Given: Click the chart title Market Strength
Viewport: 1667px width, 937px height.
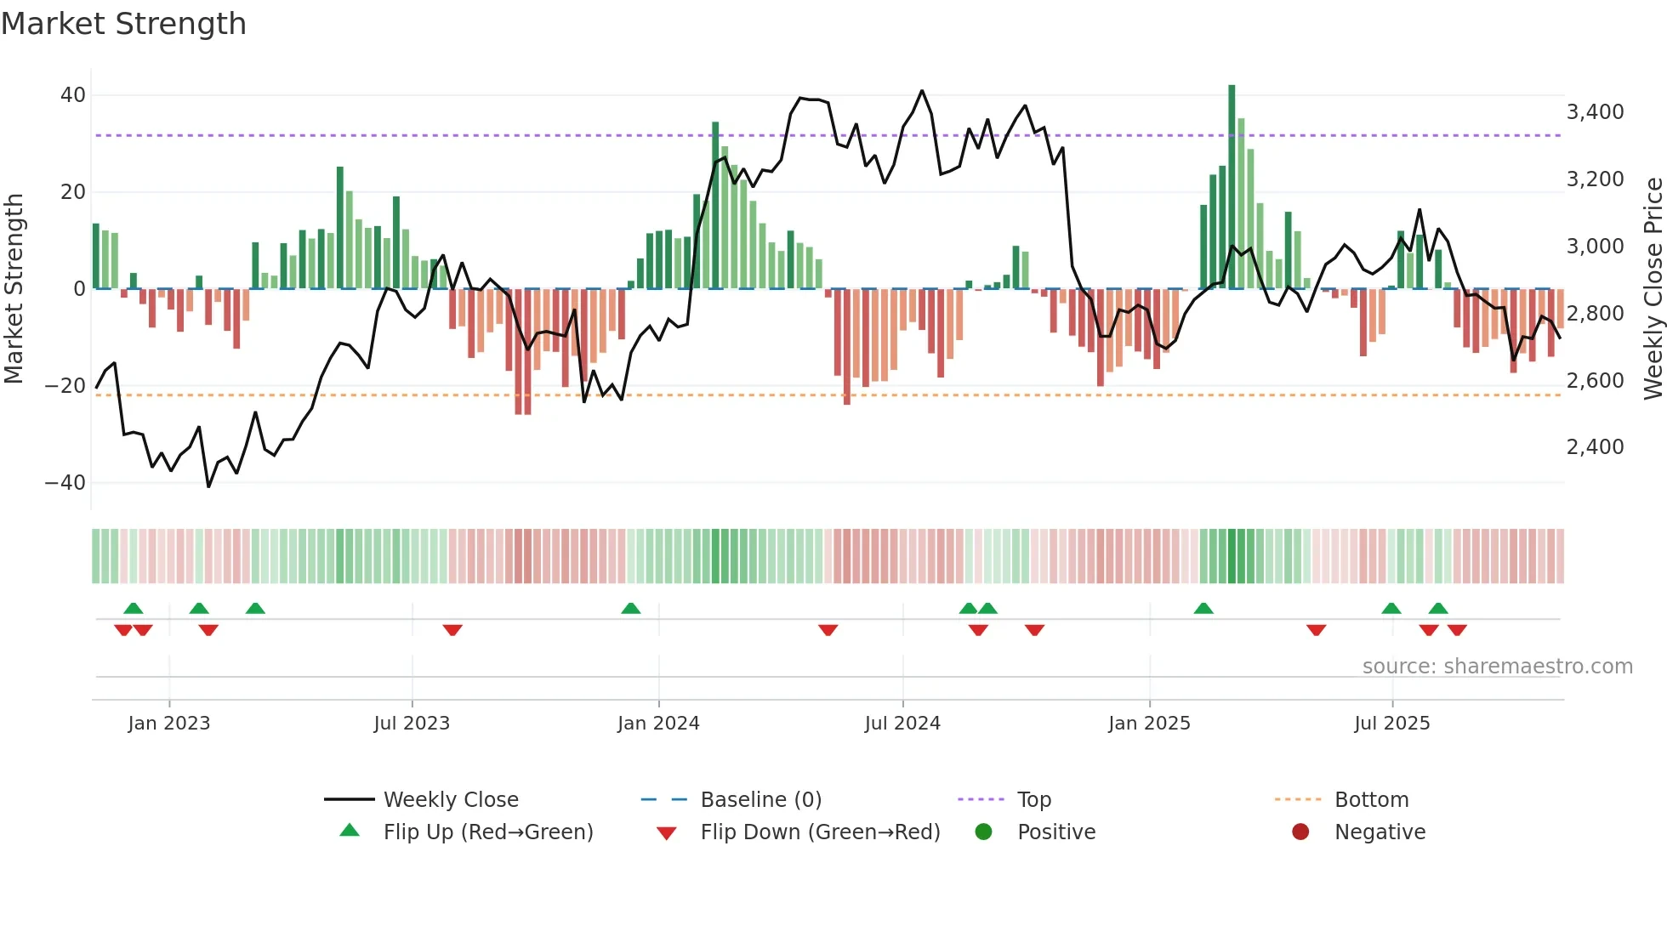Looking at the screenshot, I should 123,24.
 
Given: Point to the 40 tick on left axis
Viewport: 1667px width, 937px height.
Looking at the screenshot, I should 73,95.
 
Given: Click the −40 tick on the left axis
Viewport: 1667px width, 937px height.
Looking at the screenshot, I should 65,483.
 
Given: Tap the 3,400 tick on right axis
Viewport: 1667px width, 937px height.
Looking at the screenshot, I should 1595,112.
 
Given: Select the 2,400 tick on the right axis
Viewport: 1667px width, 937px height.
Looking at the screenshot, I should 1595,447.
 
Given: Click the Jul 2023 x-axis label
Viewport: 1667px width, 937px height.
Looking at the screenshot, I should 412,724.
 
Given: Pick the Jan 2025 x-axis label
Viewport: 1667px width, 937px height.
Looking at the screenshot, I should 1149,724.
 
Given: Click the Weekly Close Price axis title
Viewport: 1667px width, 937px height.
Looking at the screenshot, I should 1653,289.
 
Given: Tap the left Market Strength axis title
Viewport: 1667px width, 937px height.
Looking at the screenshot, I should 14,289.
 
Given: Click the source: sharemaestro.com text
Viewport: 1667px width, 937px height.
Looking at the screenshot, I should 1497,667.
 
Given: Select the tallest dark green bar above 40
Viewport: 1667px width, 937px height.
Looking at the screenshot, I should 1232,187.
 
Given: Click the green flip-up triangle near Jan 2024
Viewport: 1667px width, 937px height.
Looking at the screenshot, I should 630,609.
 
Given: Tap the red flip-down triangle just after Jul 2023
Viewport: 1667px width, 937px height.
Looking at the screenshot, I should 452,630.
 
